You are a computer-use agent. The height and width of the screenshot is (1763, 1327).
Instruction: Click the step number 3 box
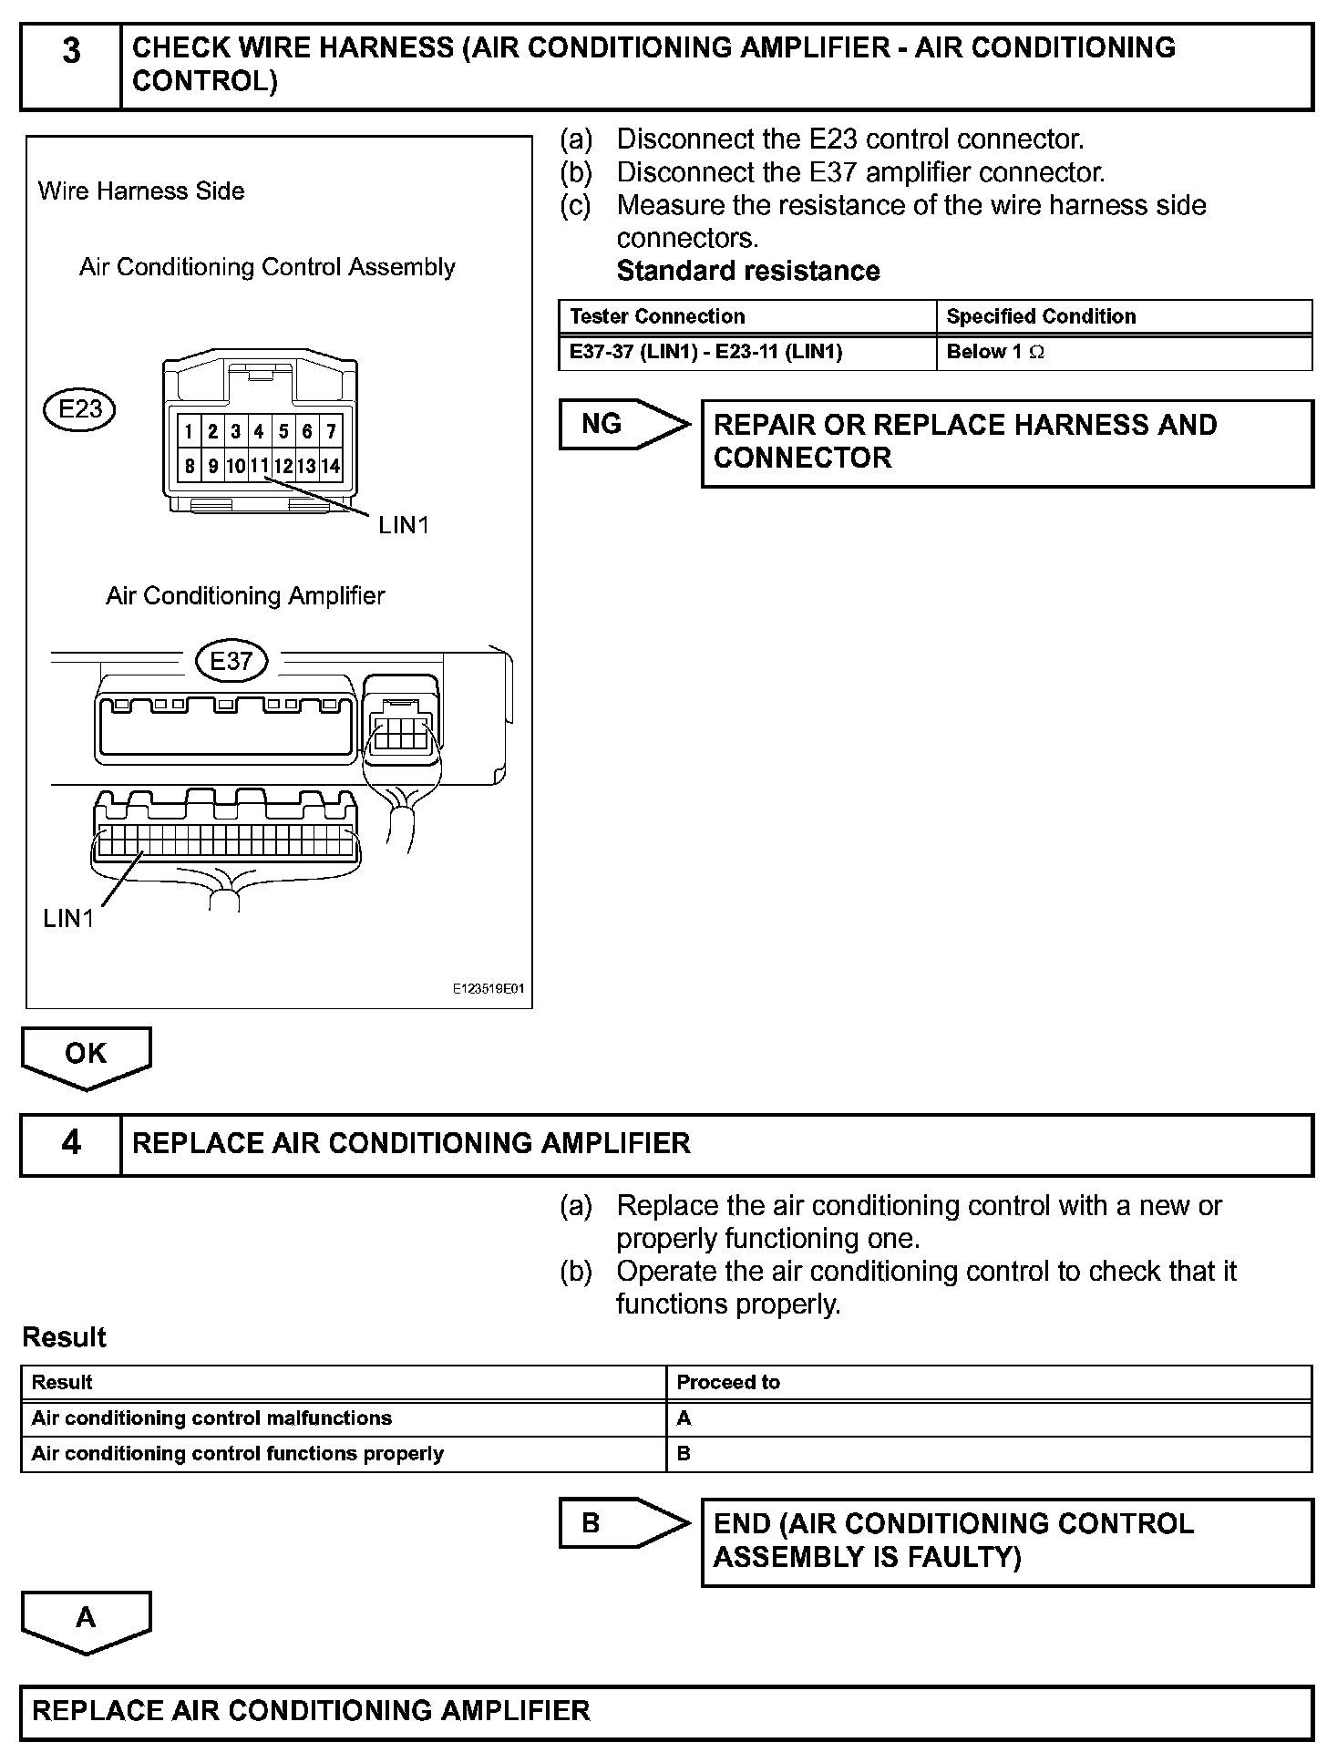pyautogui.click(x=71, y=65)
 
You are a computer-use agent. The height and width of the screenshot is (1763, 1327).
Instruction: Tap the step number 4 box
pyautogui.click(x=71, y=1143)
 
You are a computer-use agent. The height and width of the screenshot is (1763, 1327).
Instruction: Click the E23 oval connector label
pyautogui.click(x=80, y=409)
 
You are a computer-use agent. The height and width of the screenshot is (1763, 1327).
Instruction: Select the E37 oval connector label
pyautogui.click(x=231, y=661)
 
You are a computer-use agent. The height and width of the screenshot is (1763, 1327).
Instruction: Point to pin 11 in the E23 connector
pyautogui.click(x=260, y=466)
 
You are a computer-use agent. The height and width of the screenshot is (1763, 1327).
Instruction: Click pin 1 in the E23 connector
pyautogui.click(x=188, y=431)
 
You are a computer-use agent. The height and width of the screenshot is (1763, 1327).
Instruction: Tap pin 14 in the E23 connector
pyautogui.click(x=331, y=466)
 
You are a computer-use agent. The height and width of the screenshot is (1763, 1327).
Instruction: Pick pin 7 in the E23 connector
pyautogui.click(x=331, y=431)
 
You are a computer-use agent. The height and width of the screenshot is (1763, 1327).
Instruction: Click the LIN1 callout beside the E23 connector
pyautogui.click(x=404, y=525)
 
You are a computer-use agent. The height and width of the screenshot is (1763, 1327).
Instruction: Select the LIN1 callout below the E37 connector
pyautogui.click(x=68, y=919)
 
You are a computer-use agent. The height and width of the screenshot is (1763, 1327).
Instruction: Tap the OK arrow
pyautogui.click(x=86, y=1056)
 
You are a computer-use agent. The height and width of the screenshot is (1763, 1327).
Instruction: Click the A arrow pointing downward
pyautogui.click(x=86, y=1619)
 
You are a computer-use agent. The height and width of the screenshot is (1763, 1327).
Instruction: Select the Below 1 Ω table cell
pyautogui.click(x=1124, y=352)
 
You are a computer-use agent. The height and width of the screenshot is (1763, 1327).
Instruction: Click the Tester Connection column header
pyautogui.click(x=747, y=316)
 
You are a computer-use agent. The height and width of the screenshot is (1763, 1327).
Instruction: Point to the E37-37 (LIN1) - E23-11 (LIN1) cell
pyautogui.click(x=747, y=352)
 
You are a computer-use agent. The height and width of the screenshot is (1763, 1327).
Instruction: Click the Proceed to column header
pyautogui.click(x=989, y=1382)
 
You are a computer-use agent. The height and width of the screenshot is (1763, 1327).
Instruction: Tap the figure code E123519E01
pyautogui.click(x=489, y=989)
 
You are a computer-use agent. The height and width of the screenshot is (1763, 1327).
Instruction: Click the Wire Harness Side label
pyautogui.click(x=141, y=191)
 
